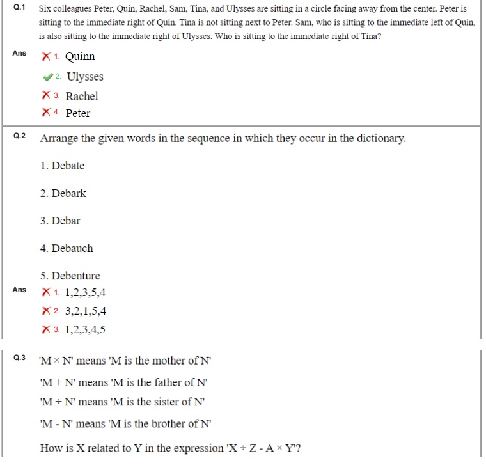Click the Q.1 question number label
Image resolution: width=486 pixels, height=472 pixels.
point(19,9)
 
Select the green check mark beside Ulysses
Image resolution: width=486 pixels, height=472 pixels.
point(47,77)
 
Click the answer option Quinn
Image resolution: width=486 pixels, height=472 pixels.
point(80,57)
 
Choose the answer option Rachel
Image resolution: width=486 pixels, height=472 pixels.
point(82,97)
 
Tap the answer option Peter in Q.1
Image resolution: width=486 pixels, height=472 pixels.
point(78,114)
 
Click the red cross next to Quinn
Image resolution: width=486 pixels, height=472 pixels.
point(46,57)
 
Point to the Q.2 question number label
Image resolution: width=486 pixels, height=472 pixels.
point(19,136)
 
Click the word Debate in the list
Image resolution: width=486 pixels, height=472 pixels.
point(68,166)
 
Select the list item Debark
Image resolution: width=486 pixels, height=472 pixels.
point(68,194)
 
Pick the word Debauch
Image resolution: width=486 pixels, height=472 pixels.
point(72,249)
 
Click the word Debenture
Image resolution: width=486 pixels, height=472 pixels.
point(75,276)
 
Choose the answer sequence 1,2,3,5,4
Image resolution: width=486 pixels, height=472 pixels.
point(86,294)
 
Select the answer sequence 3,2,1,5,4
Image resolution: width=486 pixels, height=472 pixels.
point(86,312)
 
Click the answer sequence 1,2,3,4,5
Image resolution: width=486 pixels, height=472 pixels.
point(86,331)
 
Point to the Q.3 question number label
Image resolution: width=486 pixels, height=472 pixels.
point(19,357)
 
